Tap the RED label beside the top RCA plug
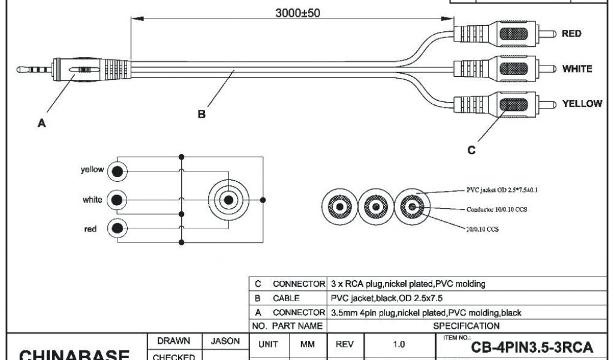click(x=571, y=34)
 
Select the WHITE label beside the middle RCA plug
click(x=576, y=69)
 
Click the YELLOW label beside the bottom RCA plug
click(x=582, y=104)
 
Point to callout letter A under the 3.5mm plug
click(x=41, y=124)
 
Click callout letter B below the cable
click(x=202, y=114)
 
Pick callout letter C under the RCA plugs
click(x=471, y=151)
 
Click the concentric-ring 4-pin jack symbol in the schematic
click(x=228, y=199)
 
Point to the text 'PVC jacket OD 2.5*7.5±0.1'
click(x=502, y=189)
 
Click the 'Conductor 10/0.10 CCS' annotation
click(x=497, y=210)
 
